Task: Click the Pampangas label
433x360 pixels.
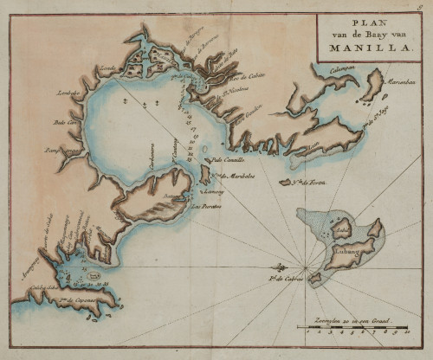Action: tap(64, 149)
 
